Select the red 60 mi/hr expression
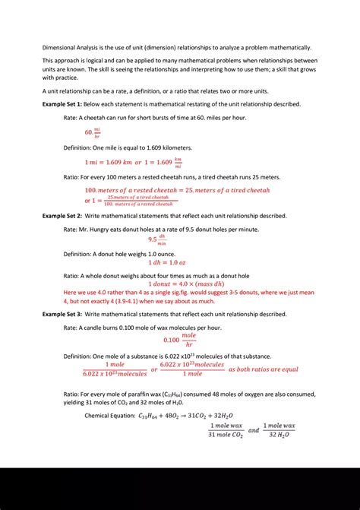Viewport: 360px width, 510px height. coord(93,132)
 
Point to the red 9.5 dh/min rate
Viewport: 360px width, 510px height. coord(158,239)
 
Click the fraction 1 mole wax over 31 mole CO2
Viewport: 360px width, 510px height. coord(226,430)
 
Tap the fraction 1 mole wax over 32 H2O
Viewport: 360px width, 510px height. coord(279,430)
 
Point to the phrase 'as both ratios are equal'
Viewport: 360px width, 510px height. coord(264,369)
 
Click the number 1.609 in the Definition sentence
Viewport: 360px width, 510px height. coord(155,147)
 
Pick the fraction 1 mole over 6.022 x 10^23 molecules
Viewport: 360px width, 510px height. coord(115,369)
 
